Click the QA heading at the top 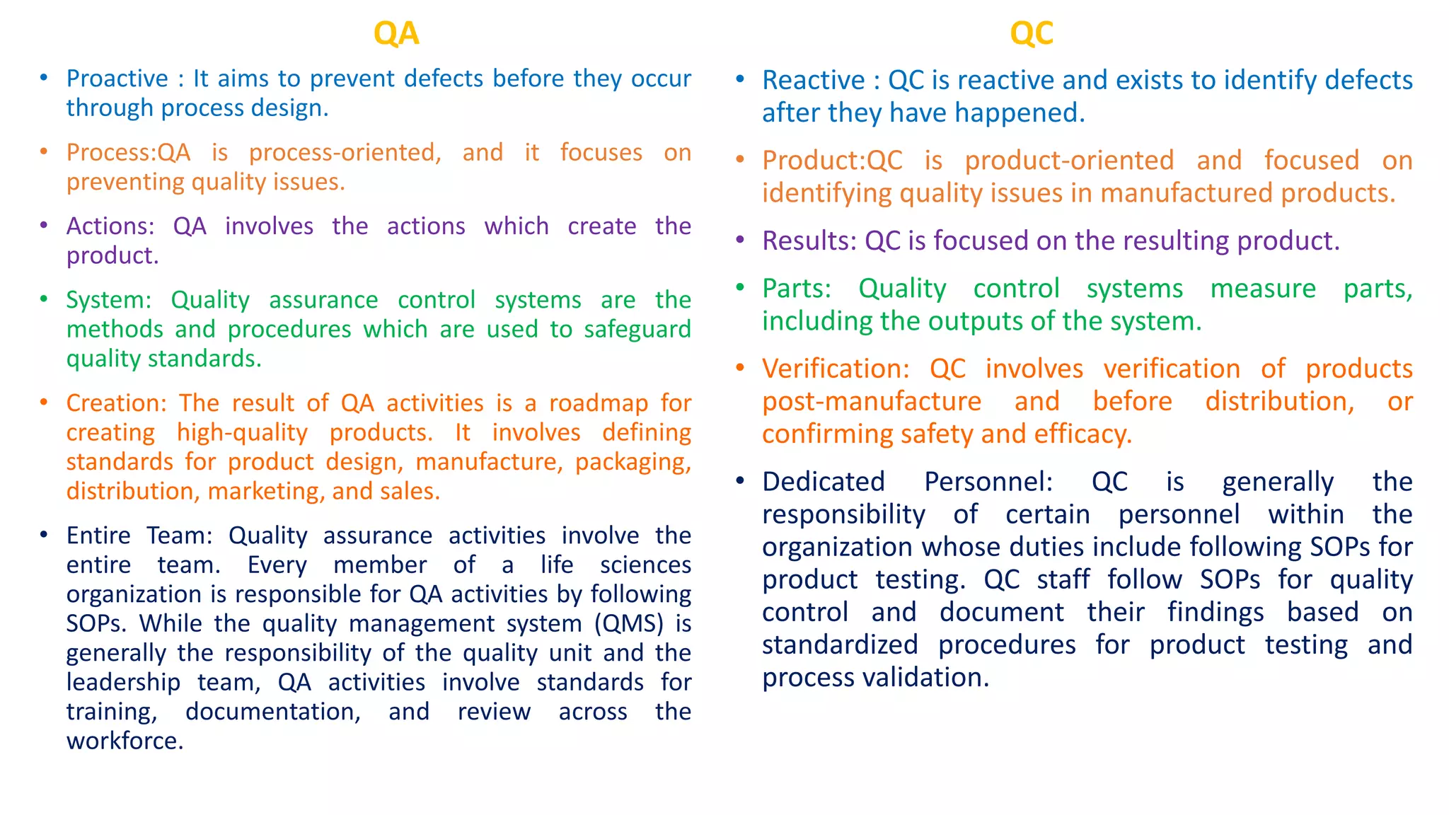(x=396, y=33)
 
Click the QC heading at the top (x=1031, y=33)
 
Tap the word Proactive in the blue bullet (x=117, y=79)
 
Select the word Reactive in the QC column (x=813, y=81)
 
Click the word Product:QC (x=832, y=161)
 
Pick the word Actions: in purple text (x=110, y=226)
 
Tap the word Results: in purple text (x=809, y=241)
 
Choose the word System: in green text (x=109, y=300)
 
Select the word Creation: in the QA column (x=116, y=403)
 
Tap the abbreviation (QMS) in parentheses (x=629, y=624)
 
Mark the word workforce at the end (x=123, y=741)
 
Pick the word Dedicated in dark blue (x=824, y=482)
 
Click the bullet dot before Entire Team (x=44, y=535)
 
